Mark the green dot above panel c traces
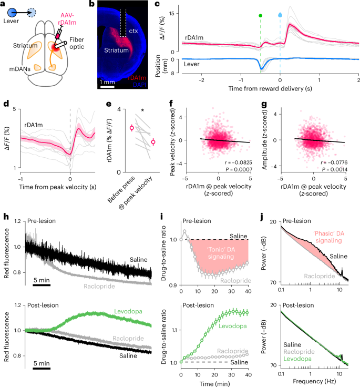point(260,15)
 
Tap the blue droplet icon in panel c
point(280,15)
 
